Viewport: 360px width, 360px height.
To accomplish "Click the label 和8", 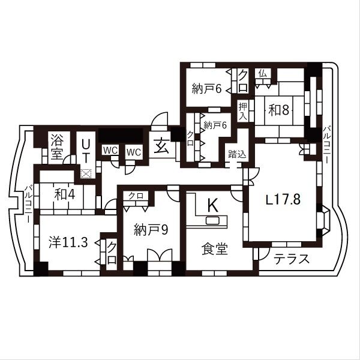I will click(280, 110).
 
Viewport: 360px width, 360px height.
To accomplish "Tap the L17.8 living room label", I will click(283, 200).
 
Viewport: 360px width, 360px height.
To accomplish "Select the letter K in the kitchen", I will click(212, 205).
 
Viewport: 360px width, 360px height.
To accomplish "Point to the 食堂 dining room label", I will click(214, 248).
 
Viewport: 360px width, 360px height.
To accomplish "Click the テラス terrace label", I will click(292, 260).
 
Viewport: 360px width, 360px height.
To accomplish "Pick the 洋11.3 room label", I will click(68, 242).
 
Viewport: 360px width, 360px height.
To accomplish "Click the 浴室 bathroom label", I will click(57, 145).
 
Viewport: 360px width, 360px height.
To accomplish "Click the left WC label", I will click(109, 151).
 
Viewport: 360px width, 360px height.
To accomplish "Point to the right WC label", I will click(133, 152).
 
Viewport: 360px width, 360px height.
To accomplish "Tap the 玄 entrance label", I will click(162, 146).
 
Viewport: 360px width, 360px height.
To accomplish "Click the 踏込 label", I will click(236, 154).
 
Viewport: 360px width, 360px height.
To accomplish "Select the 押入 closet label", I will click(243, 111).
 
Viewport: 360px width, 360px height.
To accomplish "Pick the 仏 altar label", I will click(262, 73).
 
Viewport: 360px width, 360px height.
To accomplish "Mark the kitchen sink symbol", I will click(213, 221).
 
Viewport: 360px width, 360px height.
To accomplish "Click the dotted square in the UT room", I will click(86, 173).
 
